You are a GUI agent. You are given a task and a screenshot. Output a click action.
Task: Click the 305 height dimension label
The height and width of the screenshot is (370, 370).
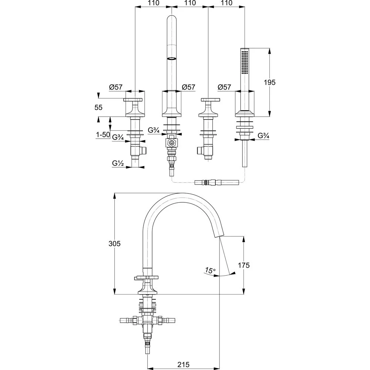(x=114, y=243)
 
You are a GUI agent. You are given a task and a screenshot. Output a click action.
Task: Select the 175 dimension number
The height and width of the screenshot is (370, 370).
(x=243, y=265)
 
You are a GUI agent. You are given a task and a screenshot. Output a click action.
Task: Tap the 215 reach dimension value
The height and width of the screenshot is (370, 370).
(x=184, y=364)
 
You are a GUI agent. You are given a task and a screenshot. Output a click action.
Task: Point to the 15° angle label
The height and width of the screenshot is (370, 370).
(x=210, y=270)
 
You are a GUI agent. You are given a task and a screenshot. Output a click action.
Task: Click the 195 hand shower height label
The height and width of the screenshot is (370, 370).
(x=270, y=83)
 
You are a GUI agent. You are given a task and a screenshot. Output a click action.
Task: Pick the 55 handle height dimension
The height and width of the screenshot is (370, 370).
(x=98, y=107)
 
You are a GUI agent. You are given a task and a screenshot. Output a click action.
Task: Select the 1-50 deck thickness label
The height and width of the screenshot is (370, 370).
(x=103, y=135)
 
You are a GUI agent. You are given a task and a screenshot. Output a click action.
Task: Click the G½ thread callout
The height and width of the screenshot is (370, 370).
(x=118, y=163)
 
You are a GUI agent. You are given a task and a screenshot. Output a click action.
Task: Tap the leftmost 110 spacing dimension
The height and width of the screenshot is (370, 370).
(x=154, y=3)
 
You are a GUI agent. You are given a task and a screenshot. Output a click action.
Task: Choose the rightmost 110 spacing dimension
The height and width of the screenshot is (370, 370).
(x=226, y=3)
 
